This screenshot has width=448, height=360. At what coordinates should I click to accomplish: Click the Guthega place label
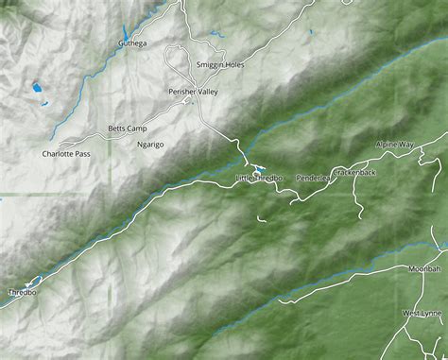[x=133, y=43]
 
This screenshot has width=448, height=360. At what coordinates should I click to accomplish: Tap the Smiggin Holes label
[x=219, y=64]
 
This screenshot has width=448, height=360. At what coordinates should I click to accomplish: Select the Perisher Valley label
[x=193, y=92]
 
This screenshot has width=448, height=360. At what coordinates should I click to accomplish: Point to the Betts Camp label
[x=128, y=128]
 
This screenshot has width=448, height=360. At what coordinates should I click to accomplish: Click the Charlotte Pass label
[x=67, y=153]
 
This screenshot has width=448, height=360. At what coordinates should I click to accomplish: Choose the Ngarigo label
[x=151, y=145]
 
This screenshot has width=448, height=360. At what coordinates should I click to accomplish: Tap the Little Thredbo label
[x=259, y=178]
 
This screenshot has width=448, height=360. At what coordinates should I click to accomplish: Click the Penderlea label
[x=311, y=177]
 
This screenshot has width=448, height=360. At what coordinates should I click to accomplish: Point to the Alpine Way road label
[x=394, y=145]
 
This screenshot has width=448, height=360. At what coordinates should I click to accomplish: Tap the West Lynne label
[x=422, y=313]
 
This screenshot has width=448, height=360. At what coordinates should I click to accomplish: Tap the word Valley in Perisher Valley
[x=206, y=92]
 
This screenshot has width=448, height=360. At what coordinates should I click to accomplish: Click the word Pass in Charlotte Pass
[x=83, y=153]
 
